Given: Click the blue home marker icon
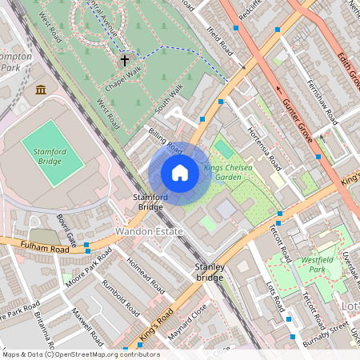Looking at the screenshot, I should point(180,173).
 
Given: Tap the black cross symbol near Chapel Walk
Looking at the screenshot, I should point(124,60).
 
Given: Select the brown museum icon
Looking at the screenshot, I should point(41,89).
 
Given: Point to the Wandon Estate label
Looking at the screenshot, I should point(149,231).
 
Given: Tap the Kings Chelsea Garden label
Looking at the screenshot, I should point(228,172).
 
